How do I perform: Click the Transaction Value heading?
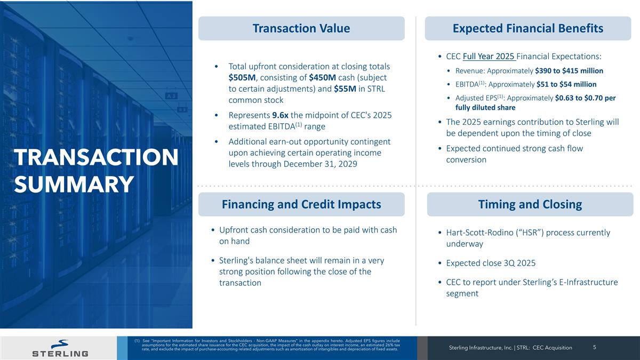tap(301, 28)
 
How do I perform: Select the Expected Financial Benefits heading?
tap(527, 28)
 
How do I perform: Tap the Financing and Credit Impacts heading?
tap(301, 204)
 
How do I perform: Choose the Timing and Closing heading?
tap(530, 204)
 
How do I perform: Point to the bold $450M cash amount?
tap(323, 78)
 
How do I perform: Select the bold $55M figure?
tap(346, 89)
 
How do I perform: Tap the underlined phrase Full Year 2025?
tap(489, 57)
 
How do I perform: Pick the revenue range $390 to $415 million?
tap(569, 71)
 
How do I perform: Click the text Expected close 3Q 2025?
tap(491, 263)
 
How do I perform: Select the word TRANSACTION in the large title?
tap(96, 158)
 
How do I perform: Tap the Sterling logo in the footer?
tap(60, 348)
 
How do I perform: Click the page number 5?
tap(595, 347)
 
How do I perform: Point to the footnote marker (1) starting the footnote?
tap(138, 340)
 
